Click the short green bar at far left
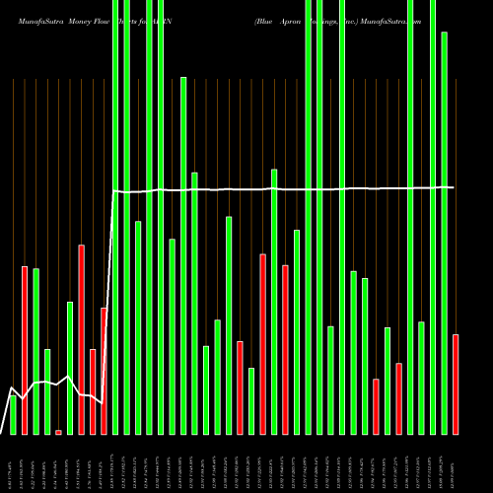(x=13, y=415)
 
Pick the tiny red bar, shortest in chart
(x=58, y=432)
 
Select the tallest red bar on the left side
(x=81, y=339)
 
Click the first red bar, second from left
(x=25, y=350)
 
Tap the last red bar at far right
(x=456, y=384)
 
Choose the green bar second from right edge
(x=444, y=233)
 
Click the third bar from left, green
(x=35, y=351)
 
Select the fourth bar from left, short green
(x=47, y=391)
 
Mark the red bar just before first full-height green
(x=104, y=371)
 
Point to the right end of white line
(x=454, y=187)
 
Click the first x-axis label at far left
(x=13, y=462)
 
